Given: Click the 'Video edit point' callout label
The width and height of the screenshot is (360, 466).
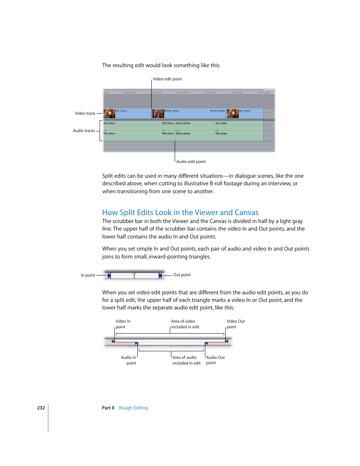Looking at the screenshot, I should [x=167, y=79].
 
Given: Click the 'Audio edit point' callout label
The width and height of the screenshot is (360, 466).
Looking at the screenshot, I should [x=191, y=161].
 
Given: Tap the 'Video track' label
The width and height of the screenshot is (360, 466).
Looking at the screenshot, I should [x=85, y=113].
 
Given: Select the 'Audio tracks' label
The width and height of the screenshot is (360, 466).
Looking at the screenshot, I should [x=84, y=131].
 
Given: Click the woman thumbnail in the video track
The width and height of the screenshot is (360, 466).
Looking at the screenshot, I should [x=158, y=113].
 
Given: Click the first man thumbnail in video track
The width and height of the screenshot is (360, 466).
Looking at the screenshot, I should [x=109, y=113].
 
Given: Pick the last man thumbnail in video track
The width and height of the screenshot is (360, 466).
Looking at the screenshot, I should [x=232, y=113].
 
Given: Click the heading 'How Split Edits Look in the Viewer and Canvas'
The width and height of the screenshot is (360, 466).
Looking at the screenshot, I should [x=180, y=212].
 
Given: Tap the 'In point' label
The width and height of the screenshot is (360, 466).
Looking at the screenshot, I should [x=88, y=275].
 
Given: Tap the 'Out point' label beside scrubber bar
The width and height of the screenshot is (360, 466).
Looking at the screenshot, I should [x=182, y=275].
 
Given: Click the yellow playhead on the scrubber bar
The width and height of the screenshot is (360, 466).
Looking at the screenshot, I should [x=134, y=275].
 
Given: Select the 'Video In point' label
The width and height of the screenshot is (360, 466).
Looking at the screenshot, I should [x=123, y=324].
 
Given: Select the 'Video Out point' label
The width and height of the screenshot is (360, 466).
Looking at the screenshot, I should [x=235, y=324].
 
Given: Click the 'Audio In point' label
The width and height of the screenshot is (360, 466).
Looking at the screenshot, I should [x=129, y=360].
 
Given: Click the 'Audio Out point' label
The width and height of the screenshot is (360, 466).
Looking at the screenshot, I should [x=215, y=360].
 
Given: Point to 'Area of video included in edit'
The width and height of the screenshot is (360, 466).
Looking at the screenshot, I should [x=185, y=324].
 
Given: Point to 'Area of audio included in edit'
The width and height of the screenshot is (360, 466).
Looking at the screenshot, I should [x=186, y=360].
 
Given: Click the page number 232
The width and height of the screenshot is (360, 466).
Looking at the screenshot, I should [x=41, y=408].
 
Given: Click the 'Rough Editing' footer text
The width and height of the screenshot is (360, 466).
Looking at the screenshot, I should [x=133, y=408].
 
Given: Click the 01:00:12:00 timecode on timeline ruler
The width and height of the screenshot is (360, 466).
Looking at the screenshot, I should [x=183, y=92].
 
